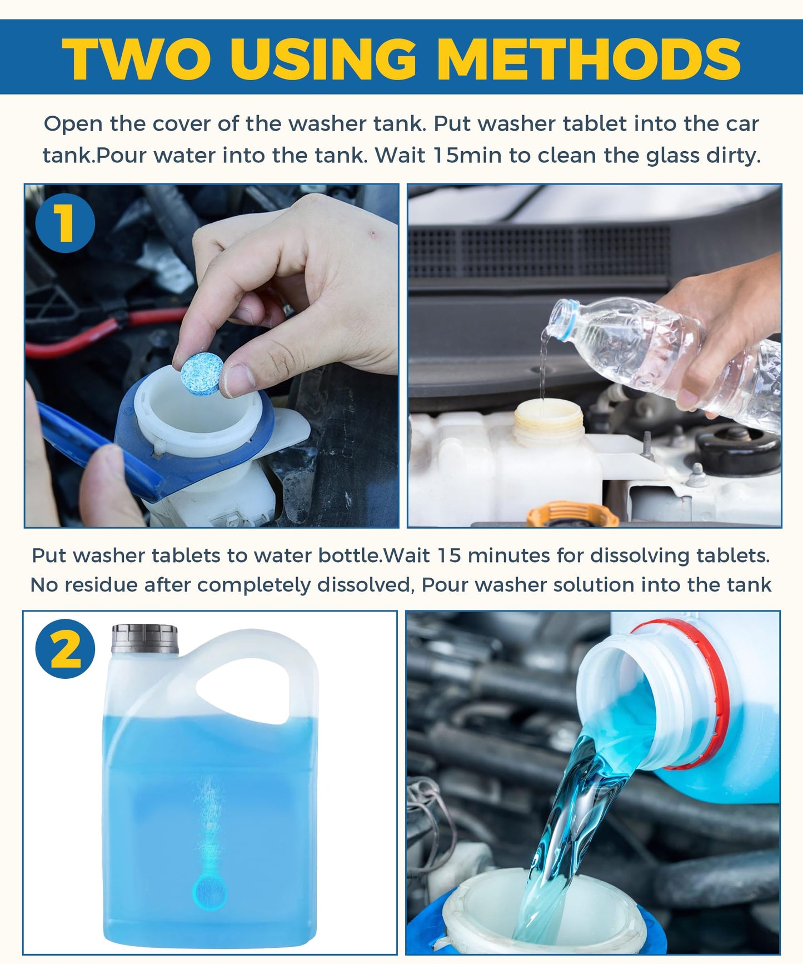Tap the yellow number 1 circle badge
pyautogui.click(x=65, y=223)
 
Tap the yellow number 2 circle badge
pyautogui.click(x=65, y=649)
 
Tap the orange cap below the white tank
pyautogui.click(x=572, y=514)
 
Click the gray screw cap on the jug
pyautogui.click(x=144, y=639)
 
